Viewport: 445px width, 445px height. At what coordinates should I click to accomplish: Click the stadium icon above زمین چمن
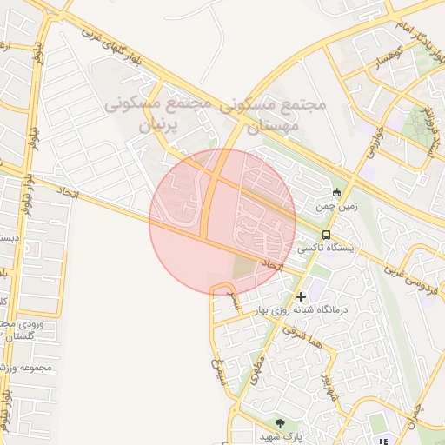[337, 193]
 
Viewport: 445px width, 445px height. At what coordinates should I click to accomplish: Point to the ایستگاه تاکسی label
[326, 248]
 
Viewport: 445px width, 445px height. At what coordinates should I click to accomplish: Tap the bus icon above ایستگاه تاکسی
[326, 235]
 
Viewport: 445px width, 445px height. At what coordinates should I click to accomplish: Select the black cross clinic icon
[302, 297]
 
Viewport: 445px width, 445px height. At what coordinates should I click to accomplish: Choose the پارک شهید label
[280, 435]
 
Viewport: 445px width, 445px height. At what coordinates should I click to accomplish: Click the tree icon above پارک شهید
[279, 422]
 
